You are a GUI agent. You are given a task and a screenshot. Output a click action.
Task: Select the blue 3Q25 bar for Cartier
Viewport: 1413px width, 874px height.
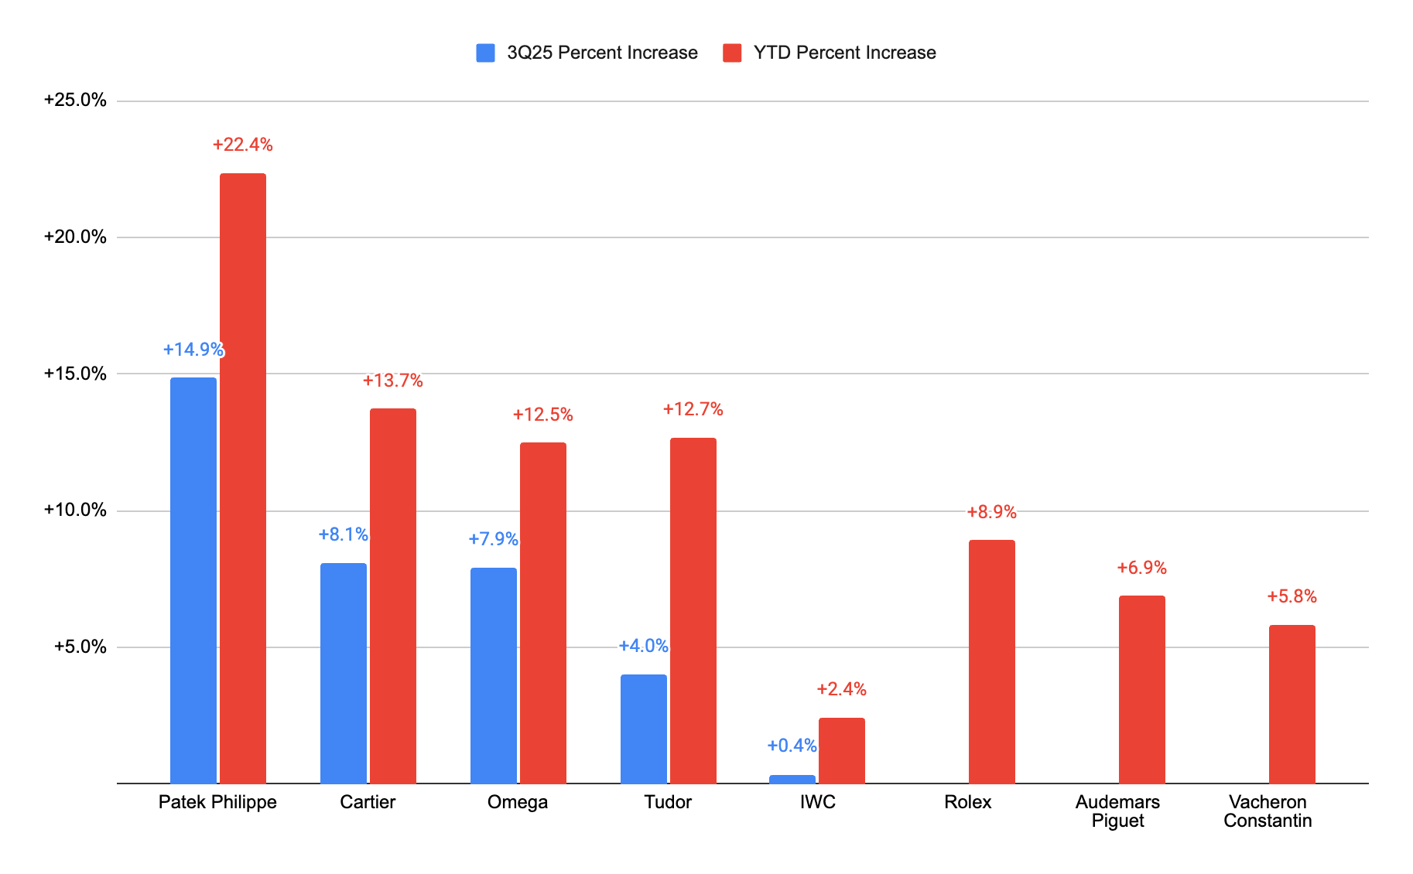pos(344,673)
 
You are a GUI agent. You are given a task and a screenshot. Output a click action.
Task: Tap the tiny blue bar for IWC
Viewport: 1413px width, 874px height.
pos(792,779)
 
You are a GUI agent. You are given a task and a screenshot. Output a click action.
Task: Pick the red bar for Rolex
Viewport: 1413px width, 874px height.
pos(992,661)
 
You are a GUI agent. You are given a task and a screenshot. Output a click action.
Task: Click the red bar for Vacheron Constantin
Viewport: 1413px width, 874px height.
pos(1292,704)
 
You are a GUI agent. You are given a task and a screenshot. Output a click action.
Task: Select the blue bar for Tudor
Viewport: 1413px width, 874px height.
pos(644,729)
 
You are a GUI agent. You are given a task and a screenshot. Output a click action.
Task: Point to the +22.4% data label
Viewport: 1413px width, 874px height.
pos(243,145)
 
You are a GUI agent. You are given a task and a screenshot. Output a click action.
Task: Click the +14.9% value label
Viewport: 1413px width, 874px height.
pos(193,350)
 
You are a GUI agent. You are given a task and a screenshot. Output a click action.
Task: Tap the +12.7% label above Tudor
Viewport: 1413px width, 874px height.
pos(693,409)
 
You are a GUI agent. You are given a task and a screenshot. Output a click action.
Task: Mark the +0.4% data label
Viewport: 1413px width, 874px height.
pos(792,746)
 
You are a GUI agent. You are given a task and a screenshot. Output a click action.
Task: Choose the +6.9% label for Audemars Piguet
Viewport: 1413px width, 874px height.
pos(1142,568)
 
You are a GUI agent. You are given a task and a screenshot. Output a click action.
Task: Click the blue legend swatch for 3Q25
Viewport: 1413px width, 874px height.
pos(485,53)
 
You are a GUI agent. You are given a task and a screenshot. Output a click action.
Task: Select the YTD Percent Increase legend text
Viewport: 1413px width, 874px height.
pos(845,53)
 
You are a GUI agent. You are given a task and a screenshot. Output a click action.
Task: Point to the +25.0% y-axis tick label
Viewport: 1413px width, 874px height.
pos(75,100)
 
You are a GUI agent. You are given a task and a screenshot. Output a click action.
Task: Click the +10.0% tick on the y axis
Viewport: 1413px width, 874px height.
pos(75,510)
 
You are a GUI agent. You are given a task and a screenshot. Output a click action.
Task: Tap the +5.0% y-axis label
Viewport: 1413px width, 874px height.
pos(80,647)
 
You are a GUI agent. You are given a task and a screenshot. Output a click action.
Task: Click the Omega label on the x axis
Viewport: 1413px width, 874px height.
pos(518,802)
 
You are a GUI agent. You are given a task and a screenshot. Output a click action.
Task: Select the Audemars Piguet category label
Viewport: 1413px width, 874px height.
pos(1117,811)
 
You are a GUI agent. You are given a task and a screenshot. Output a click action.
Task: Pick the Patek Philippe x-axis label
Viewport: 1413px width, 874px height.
pos(217,802)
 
